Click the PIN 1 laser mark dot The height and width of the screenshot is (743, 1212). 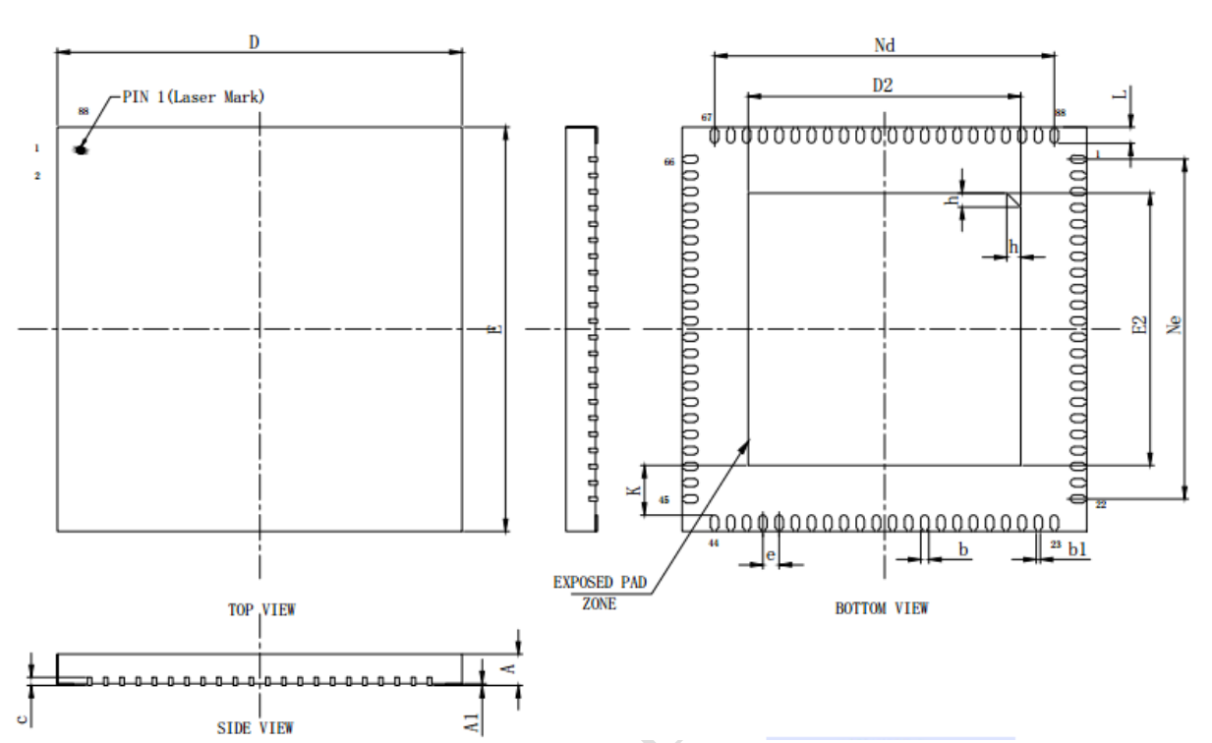(x=81, y=149)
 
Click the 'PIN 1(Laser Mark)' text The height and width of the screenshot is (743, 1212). (x=193, y=97)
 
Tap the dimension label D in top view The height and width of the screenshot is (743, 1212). (x=254, y=42)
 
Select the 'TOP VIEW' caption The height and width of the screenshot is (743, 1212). (x=261, y=609)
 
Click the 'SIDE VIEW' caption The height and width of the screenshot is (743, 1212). (x=255, y=728)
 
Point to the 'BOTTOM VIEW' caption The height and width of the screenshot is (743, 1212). (x=881, y=608)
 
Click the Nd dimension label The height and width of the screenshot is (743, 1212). (x=885, y=45)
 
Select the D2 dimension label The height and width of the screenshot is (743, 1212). (x=883, y=86)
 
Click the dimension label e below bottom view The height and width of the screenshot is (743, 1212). (x=770, y=555)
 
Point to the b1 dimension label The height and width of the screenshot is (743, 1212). (x=1077, y=550)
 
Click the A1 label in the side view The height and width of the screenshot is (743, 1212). (x=474, y=723)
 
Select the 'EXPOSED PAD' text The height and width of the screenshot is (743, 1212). (x=600, y=583)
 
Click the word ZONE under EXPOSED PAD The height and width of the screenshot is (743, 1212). (x=599, y=604)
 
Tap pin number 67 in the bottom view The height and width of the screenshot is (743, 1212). (x=706, y=117)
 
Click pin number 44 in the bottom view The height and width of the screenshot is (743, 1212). (x=714, y=542)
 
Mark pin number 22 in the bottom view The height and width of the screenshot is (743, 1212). (x=1100, y=504)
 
